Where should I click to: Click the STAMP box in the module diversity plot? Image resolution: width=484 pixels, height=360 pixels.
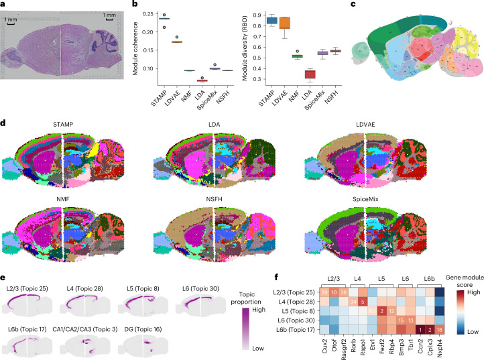click(x=271, y=20)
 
